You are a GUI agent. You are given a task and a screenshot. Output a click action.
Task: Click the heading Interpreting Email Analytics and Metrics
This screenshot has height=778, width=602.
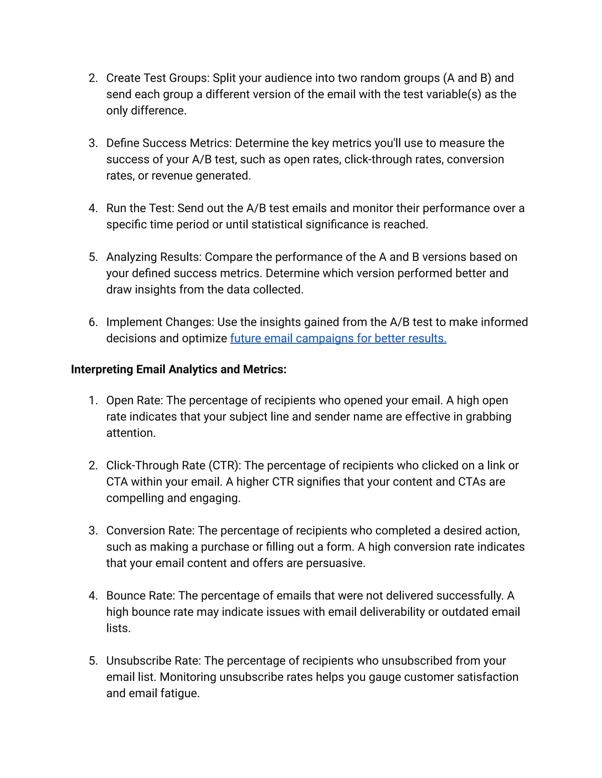coord(178,369)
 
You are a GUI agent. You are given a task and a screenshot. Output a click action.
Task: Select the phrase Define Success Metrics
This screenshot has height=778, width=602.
coord(168,143)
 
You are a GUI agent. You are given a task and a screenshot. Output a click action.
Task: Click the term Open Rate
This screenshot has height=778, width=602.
coord(134,400)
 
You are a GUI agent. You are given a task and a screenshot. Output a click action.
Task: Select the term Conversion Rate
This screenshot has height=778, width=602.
coord(150,531)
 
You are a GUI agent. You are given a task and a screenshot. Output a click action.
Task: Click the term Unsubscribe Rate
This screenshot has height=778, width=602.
coord(153,661)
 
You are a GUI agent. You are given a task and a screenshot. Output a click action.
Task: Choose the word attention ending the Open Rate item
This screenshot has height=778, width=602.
coord(131,433)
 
